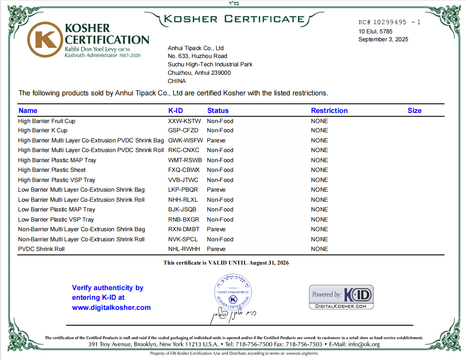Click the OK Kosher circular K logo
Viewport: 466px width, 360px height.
[44, 40]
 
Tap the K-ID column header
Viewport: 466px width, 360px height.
[176, 111]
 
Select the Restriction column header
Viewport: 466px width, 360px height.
[329, 111]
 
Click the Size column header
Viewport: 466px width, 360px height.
[414, 111]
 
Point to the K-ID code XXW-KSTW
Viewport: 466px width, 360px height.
[184, 121]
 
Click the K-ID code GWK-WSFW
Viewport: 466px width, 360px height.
[185, 141]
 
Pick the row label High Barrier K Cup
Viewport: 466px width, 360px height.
[43, 131]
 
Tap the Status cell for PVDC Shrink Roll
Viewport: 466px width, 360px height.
[216, 249]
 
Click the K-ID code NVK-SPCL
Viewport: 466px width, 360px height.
[183, 240]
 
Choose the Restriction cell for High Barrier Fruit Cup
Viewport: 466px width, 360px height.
[319, 121]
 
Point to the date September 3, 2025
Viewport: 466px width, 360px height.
[383, 40]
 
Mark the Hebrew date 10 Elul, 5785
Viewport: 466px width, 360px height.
[375, 31]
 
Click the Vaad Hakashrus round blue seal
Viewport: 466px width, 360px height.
[233, 291]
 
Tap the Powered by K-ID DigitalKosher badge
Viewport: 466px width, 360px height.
[341, 297]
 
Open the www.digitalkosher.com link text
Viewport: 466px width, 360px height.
[111, 308]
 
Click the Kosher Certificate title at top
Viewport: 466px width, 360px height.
[233, 19]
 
